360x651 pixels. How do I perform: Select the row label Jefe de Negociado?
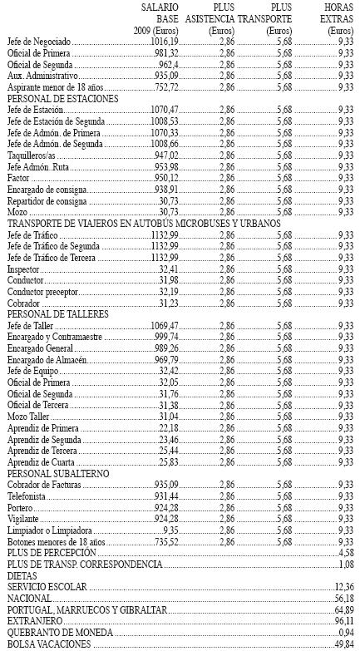tap(39, 40)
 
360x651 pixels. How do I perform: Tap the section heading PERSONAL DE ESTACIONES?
tap(62, 98)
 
